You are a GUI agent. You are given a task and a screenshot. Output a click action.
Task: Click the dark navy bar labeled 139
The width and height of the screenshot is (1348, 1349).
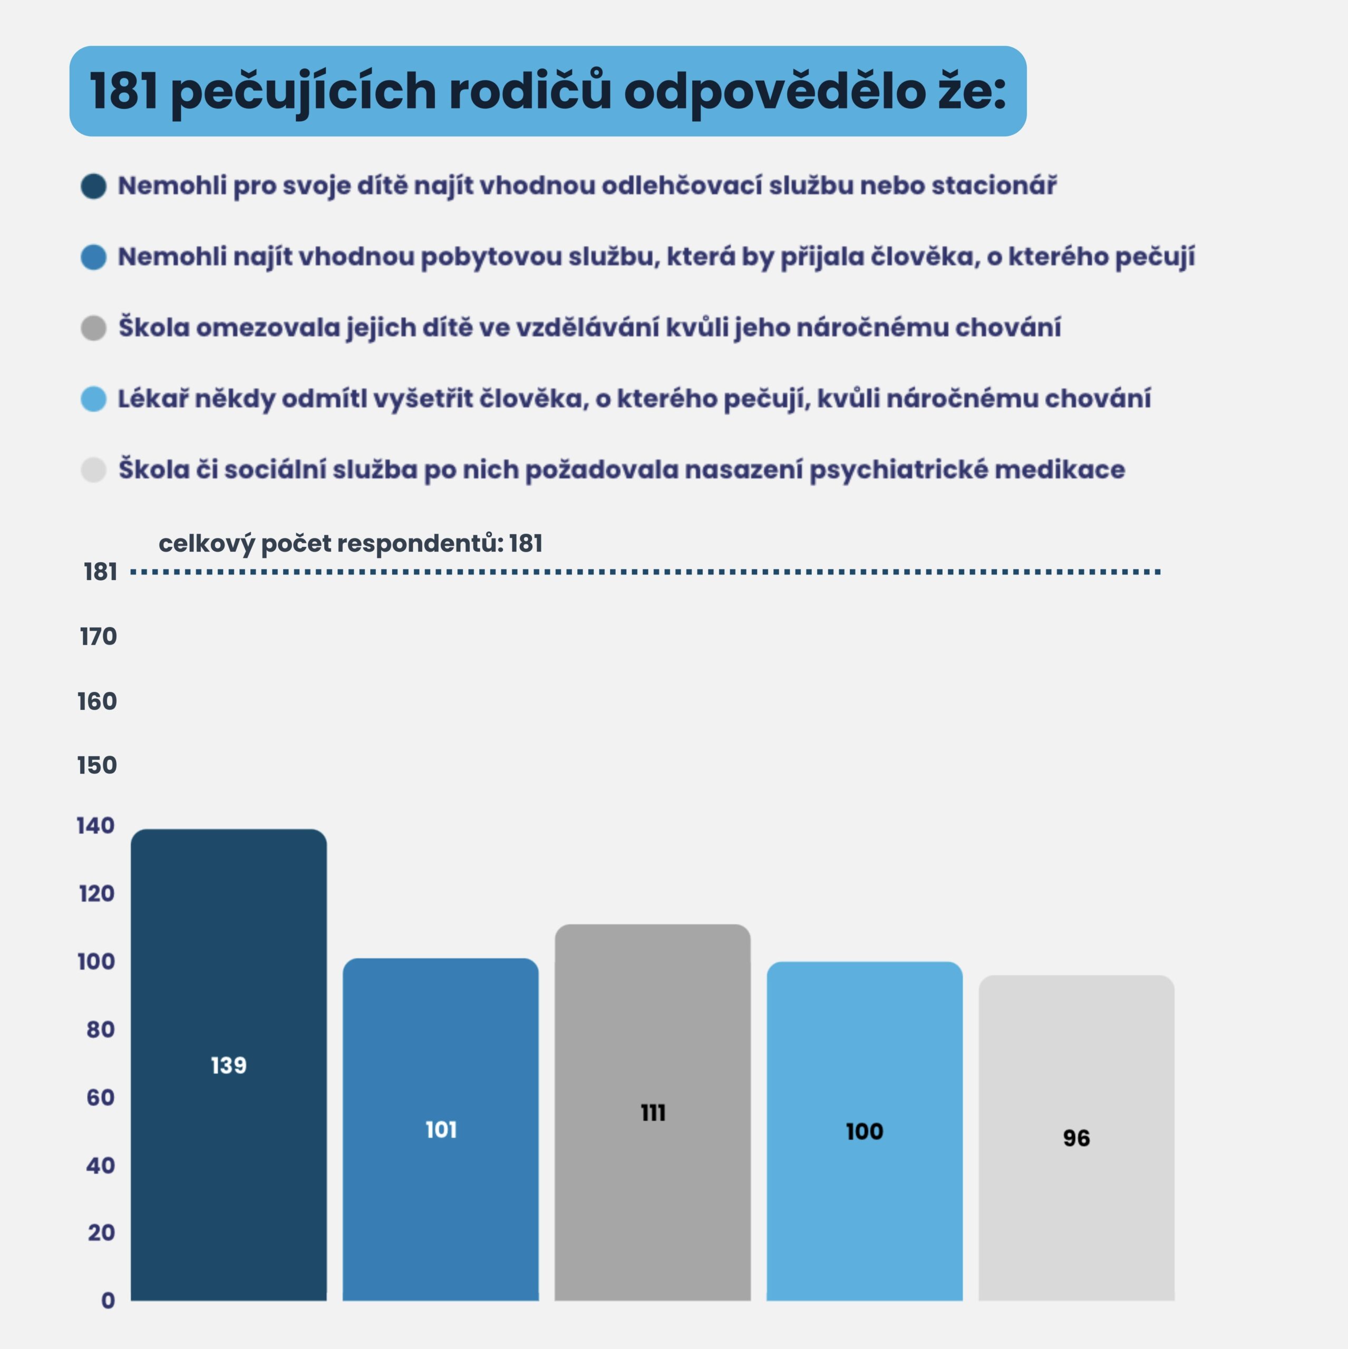(x=228, y=977)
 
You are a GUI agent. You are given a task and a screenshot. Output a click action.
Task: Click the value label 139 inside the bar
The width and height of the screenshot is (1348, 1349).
(x=228, y=1065)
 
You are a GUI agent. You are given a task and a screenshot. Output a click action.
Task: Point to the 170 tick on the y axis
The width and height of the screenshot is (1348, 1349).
(x=99, y=636)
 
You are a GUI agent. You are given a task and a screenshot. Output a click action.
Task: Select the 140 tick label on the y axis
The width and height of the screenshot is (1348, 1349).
(x=96, y=826)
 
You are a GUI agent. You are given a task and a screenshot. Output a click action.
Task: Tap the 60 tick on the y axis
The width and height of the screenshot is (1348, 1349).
(x=101, y=1098)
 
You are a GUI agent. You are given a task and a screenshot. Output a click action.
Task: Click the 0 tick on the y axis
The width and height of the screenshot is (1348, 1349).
(x=108, y=1300)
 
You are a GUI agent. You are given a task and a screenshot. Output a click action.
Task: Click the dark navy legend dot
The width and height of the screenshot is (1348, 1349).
(x=94, y=187)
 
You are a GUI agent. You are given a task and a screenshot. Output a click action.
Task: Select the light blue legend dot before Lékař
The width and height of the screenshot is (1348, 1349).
(x=94, y=399)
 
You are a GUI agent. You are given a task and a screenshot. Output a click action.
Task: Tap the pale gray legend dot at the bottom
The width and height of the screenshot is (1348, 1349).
(x=94, y=470)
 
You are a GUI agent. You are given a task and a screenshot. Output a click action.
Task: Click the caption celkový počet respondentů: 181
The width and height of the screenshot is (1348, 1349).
(x=351, y=543)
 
